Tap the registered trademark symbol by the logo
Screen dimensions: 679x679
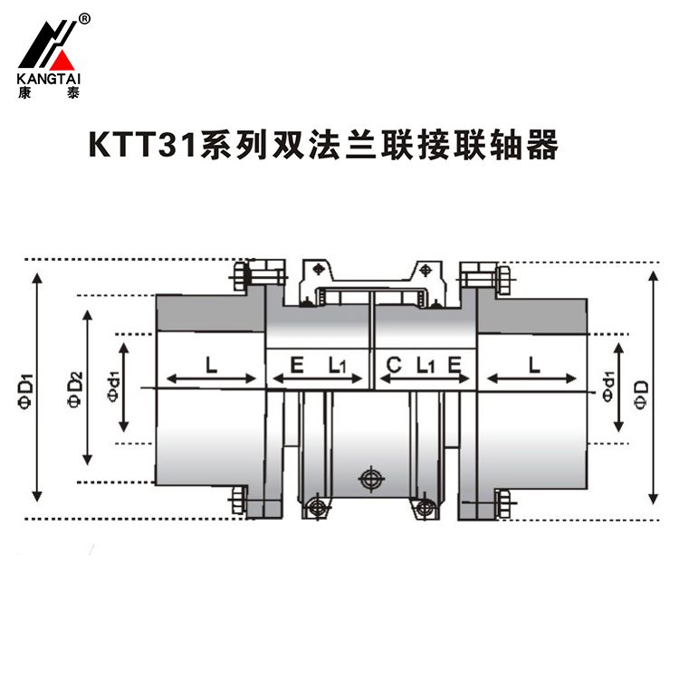84,18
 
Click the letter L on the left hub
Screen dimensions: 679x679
210,366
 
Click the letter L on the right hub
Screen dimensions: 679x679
534,366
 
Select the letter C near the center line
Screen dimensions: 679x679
394,366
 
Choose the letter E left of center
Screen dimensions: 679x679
296,366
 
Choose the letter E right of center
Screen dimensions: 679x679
454,366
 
